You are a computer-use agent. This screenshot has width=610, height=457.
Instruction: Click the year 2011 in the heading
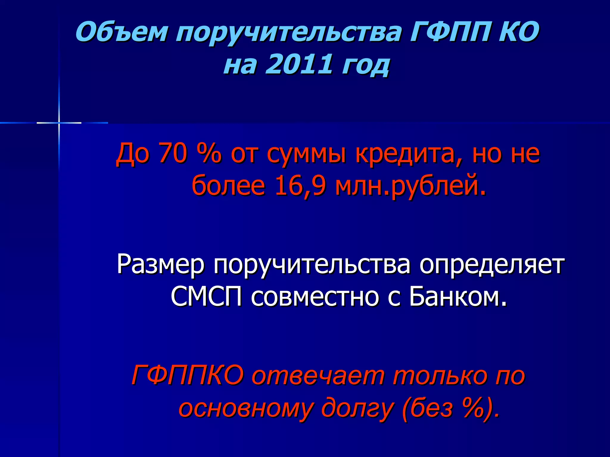point(298,64)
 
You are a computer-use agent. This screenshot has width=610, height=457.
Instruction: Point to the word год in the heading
point(366,65)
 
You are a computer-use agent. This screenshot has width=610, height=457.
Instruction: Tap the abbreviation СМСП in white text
point(206,297)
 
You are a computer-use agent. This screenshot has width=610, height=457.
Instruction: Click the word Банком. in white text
point(458,297)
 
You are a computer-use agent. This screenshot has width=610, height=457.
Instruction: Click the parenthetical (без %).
point(451,408)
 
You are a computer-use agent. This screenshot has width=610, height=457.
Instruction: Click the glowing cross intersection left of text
point(59,123)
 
